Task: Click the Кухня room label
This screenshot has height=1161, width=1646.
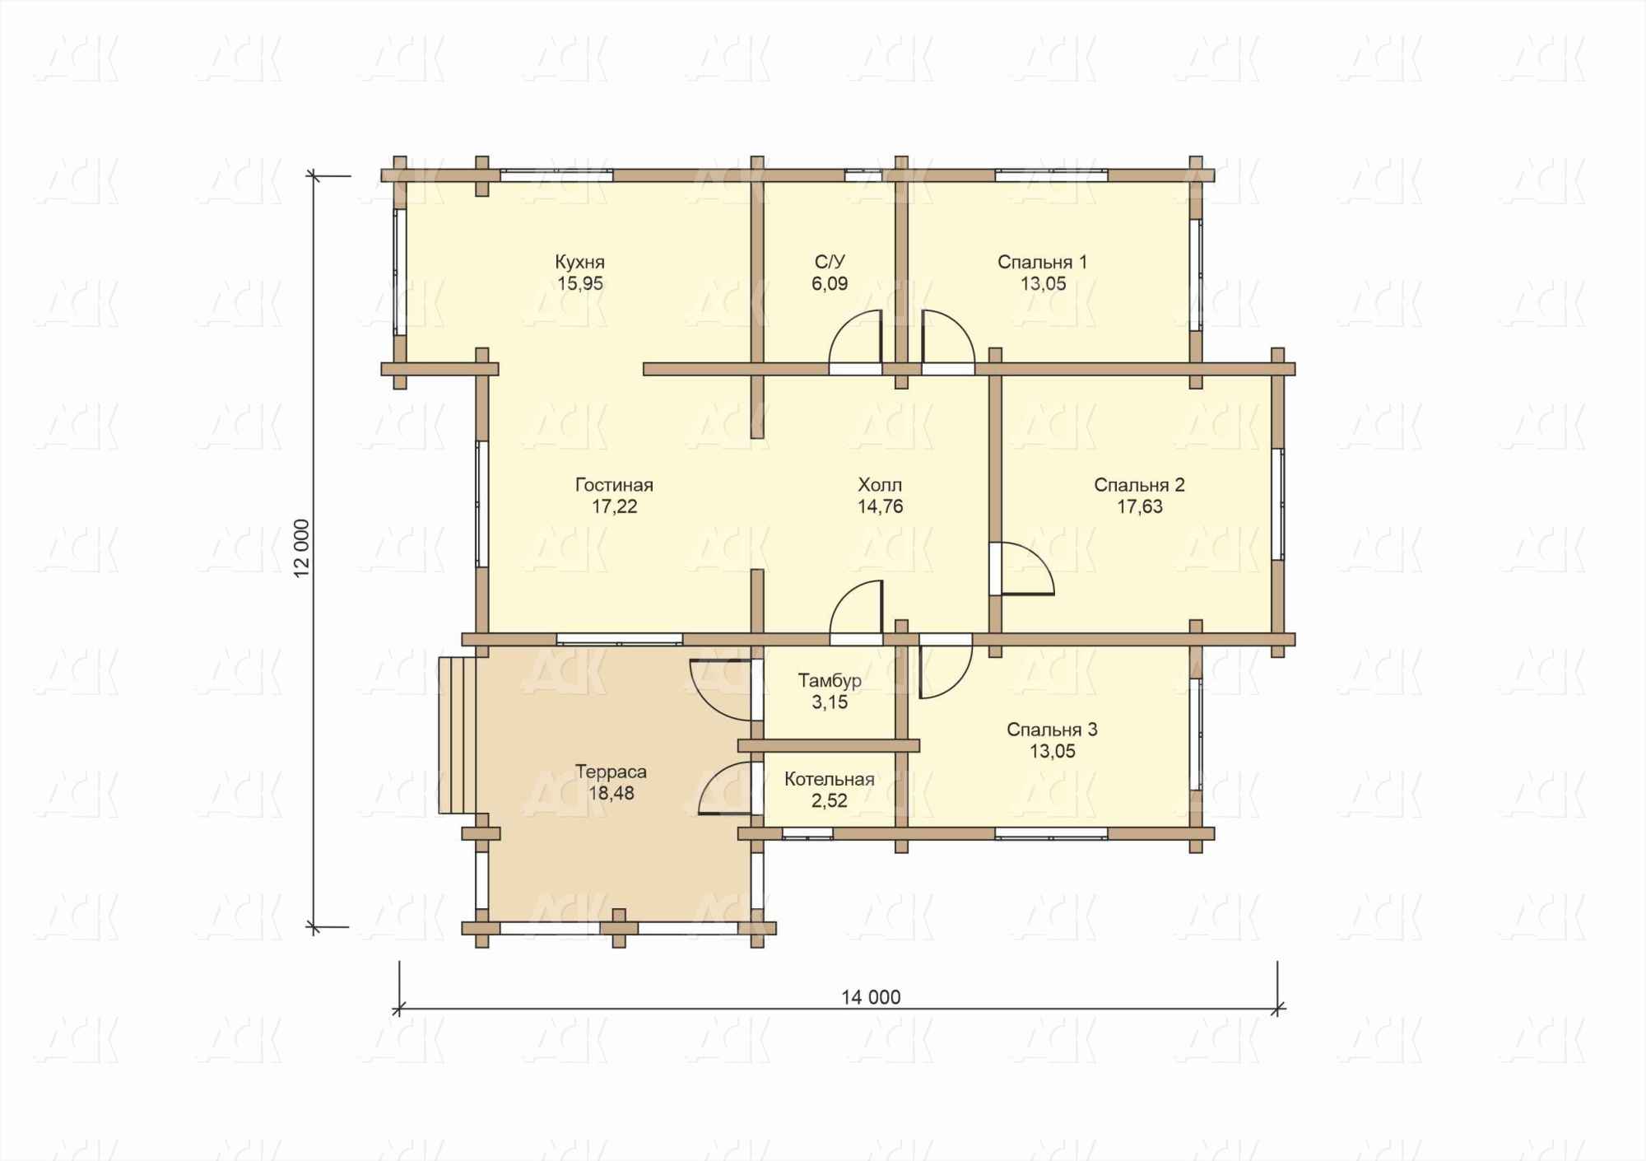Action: click(579, 263)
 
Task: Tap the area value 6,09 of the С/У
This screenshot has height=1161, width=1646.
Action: click(830, 284)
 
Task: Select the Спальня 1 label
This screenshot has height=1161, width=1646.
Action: click(1042, 263)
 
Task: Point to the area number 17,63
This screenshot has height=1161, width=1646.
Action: click(1140, 506)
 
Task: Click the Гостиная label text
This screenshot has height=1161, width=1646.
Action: click(614, 485)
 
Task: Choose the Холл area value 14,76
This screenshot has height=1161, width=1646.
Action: click(881, 506)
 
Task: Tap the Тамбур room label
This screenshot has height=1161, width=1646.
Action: click(830, 681)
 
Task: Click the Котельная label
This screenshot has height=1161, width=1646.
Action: click(829, 779)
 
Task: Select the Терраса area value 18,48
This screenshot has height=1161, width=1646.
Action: click(611, 794)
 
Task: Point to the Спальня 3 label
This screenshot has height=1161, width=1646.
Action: click(1052, 730)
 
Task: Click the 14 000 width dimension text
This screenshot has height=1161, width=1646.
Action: click(871, 997)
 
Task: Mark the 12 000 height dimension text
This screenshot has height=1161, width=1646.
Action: click(303, 548)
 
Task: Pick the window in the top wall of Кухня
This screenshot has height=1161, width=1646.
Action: click(556, 175)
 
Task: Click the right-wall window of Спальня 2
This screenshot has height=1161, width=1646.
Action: click(1277, 504)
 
